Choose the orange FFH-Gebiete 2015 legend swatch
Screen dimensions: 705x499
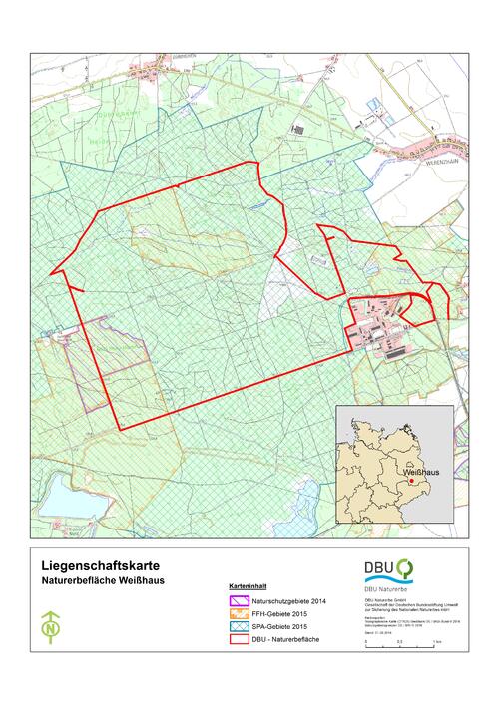click(x=239, y=614)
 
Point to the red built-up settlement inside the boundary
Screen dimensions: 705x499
click(x=384, y=319)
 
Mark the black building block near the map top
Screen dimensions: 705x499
click(x=298, y=129)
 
